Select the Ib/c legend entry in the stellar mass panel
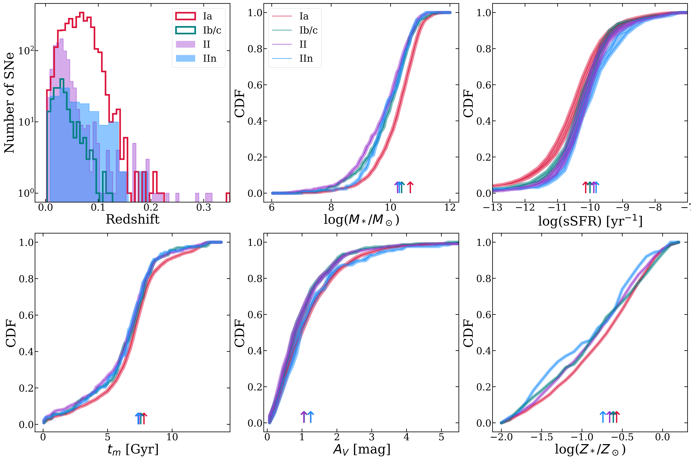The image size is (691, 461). [308, 30]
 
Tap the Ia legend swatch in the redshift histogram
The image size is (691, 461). [185, 16]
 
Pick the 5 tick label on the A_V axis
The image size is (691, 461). [441, 437]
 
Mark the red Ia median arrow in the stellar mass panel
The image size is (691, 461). [410, 187]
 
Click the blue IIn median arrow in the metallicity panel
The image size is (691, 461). [603, 417]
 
